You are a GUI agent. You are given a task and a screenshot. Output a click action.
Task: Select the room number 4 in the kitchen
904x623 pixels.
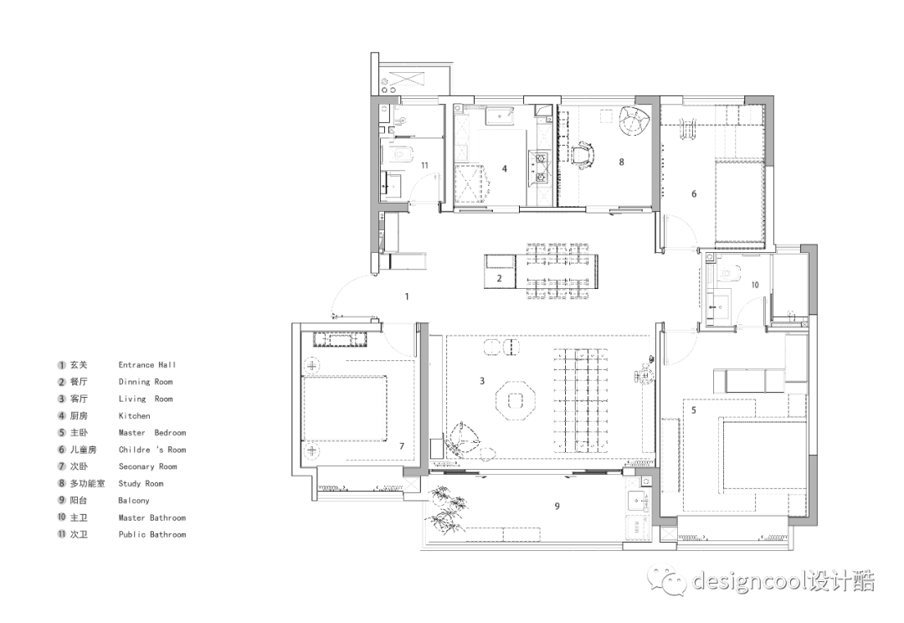coord(504,168)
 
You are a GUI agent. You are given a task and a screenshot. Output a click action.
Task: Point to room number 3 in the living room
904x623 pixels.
coord(481,381)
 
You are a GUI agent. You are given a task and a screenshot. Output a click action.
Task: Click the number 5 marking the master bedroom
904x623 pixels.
coord(693,410)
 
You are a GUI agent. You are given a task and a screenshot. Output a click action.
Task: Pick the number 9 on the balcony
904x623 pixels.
coord(557,507)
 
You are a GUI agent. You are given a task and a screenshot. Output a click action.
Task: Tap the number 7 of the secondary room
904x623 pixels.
coord(402,446)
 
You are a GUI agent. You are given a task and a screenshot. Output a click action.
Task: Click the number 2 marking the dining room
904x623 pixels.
coord(500,279)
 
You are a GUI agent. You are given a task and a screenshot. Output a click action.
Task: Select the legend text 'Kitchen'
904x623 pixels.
coord(134,415)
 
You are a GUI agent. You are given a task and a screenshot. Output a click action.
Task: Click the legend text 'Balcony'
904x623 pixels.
coord(134,500)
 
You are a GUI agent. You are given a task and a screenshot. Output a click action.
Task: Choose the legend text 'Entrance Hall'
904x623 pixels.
coord(147,365)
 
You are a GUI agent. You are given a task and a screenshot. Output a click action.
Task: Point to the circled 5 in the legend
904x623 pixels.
coord(61,433)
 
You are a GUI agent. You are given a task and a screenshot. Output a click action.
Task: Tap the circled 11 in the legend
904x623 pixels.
coord(61,534)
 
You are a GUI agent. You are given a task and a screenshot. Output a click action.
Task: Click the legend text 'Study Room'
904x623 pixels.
coord(141,483)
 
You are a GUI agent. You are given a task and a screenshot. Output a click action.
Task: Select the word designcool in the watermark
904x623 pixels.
coord(747,580)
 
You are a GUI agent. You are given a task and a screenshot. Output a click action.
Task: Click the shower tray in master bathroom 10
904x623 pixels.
coord(719,306)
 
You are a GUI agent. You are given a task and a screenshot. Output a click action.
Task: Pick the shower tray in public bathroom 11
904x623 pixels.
coord(393,185)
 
